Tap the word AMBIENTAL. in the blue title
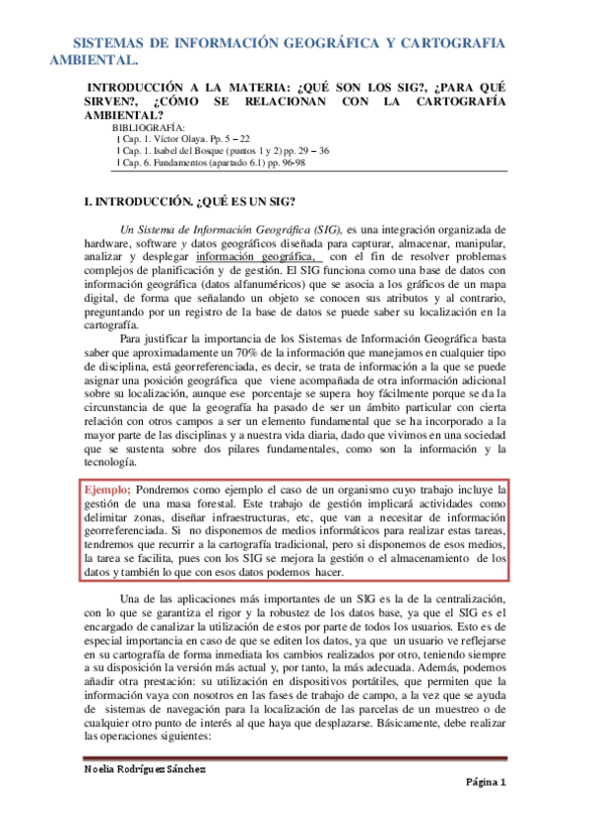90,61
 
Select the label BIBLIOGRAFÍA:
148,128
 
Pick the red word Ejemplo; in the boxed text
107,488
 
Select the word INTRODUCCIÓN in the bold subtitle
140,87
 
